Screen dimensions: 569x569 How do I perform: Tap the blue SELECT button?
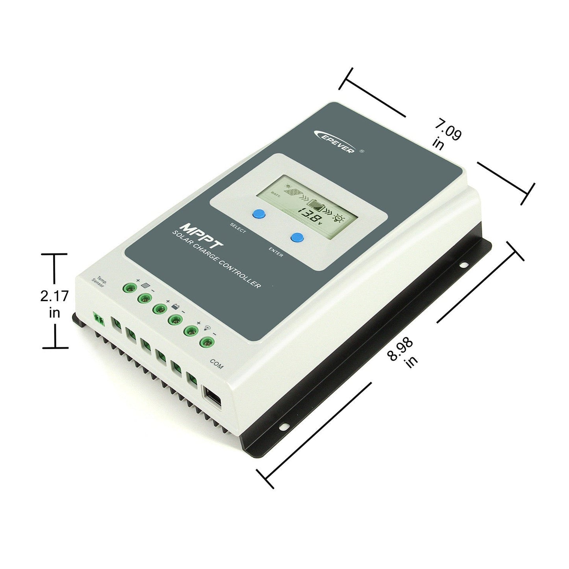pos(259,214)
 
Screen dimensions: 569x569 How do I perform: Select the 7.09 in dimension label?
pos(445,136)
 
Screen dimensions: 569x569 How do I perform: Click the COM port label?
pos(216,364)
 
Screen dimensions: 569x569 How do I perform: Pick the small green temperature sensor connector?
pos(99,319)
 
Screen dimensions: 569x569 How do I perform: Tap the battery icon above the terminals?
pos(175,306)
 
